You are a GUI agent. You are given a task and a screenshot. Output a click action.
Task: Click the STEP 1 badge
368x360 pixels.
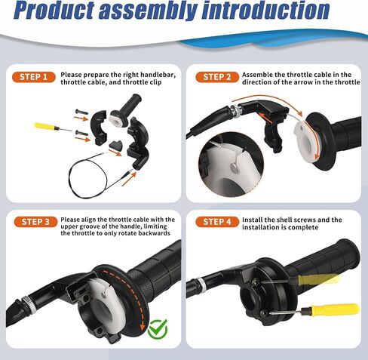click(35, 77)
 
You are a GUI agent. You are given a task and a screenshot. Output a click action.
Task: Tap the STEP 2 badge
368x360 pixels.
click(217, 77)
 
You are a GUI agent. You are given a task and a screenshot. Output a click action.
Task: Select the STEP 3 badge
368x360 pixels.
click(35, 222)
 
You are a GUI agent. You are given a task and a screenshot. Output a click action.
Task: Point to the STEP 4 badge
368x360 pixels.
click(217, 222)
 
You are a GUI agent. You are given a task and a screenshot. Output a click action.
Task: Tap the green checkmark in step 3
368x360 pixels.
click(157, 328)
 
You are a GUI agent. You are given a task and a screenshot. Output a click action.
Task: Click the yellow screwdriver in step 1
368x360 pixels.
click(47, 126)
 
